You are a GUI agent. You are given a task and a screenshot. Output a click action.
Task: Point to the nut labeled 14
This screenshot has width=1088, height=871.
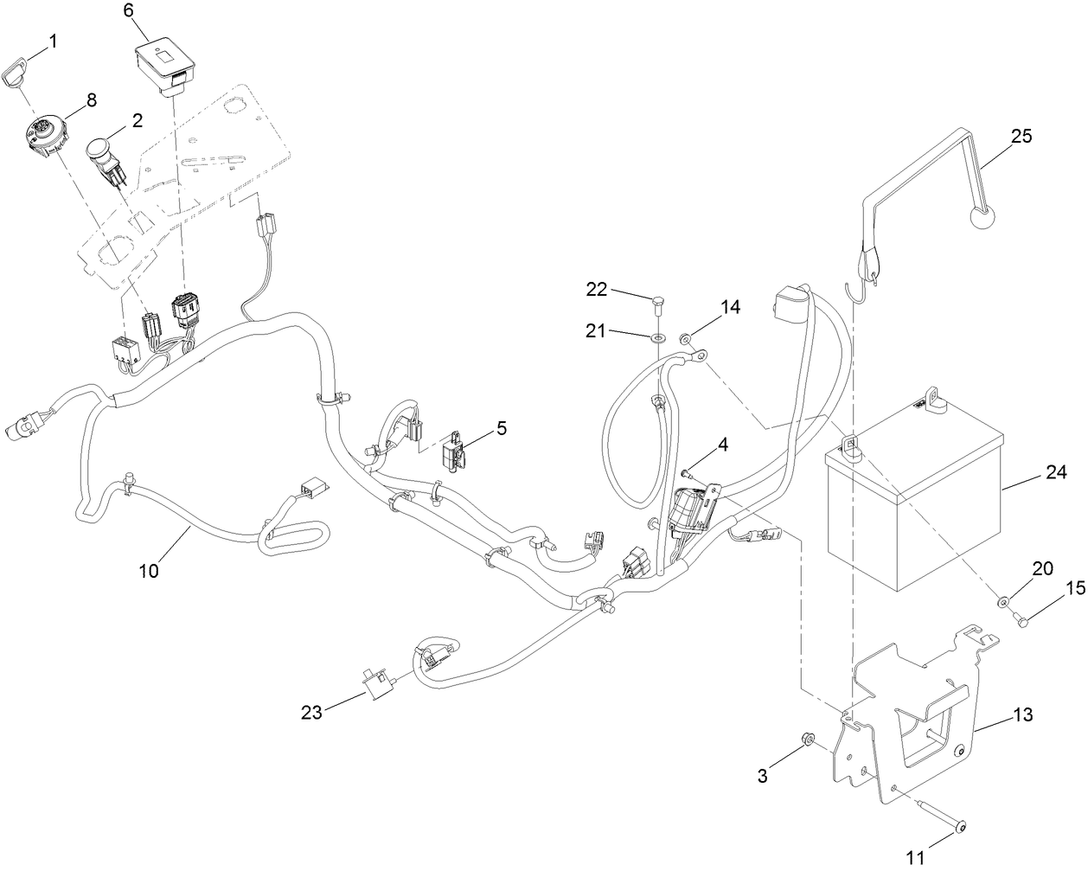point(686,338)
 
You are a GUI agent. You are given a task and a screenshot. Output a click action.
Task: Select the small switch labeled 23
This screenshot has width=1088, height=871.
point(376,684)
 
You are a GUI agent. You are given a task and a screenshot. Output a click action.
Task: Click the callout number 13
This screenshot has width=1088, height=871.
point(1021,716)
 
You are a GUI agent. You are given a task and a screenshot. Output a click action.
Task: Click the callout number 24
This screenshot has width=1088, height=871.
point(1056,473)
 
